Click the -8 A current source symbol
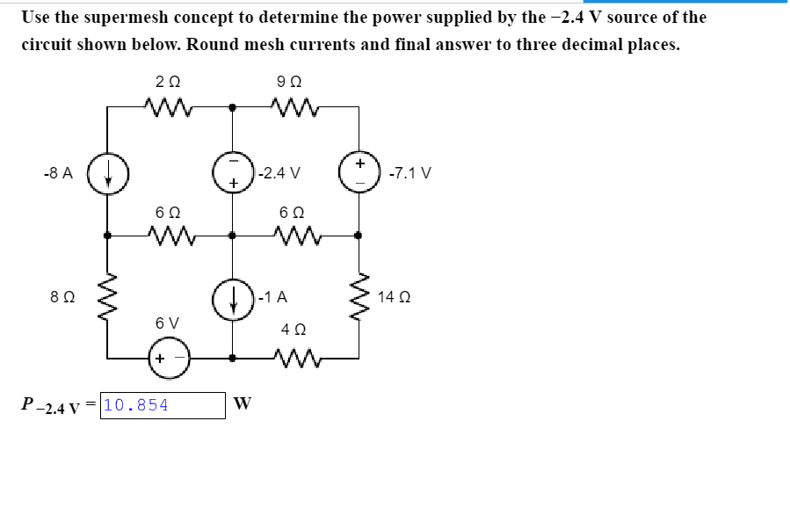108,172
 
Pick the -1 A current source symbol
233,296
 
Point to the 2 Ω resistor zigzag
169,107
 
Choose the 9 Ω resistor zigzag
294,107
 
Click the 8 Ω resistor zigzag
108,296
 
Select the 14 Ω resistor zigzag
358,296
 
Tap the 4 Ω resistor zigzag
294,358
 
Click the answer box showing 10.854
163,405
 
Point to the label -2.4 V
280,172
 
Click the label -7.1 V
410,172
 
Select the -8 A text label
57,172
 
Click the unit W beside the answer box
243,404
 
